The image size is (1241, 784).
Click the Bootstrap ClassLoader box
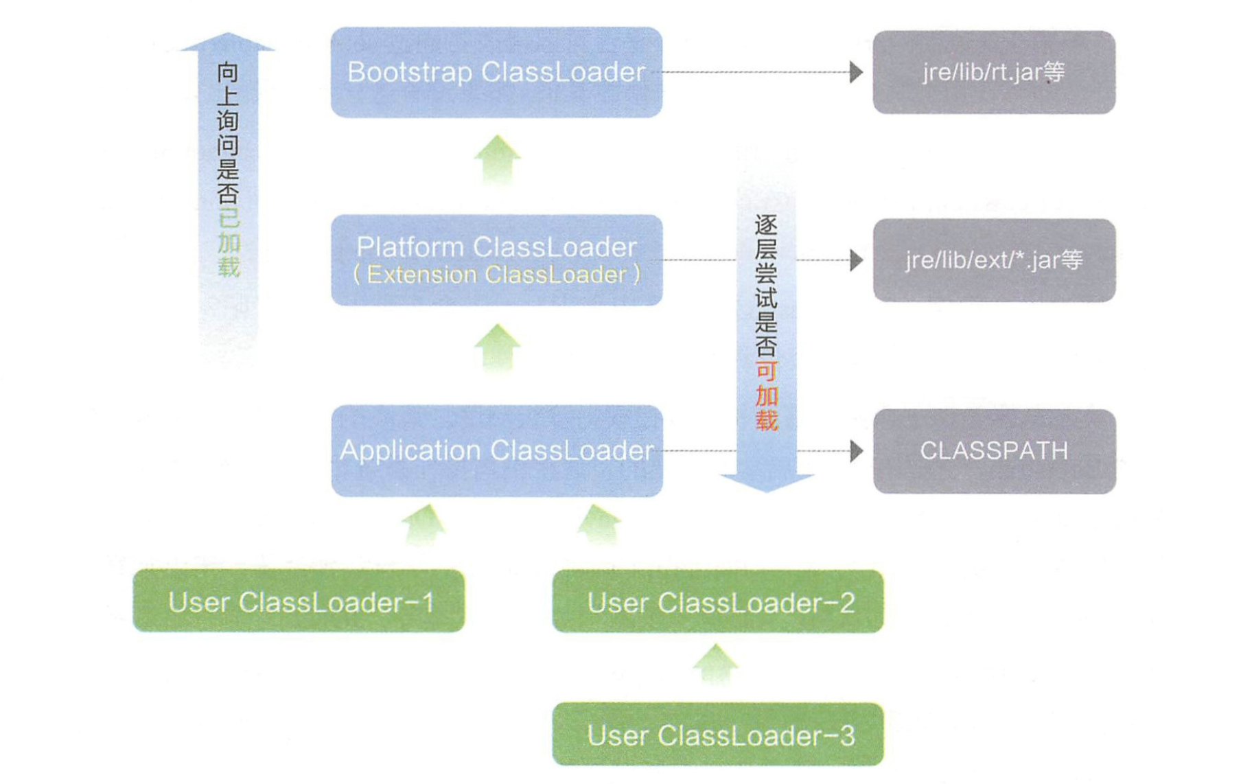[x=496, y=72]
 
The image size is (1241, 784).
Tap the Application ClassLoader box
[x=496, y=450]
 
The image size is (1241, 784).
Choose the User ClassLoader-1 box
[x=299, y=601]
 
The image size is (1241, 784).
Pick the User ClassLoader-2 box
[x=718, y=601]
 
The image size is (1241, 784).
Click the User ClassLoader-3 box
[x=718, y=734]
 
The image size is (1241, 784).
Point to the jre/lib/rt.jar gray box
[x=993, y=72]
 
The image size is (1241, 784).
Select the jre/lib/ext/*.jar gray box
[x=993, y=260]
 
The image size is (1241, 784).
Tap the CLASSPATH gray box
[x=993, y=451]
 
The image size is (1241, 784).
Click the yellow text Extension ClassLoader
[x=496, y=275]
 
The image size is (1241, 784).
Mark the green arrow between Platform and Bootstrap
[x=497, y=159]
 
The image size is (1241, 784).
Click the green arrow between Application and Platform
[x=497, y=347]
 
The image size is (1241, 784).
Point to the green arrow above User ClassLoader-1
[x=424, y=525]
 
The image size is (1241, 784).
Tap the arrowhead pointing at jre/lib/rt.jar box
[x=856, y=71]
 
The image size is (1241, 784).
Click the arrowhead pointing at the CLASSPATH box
[x=856, y=451]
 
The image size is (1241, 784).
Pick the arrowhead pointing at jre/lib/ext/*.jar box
[x=856, y=260]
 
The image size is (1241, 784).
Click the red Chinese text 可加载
[x=766, y=396]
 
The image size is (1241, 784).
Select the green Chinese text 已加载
[x=228, y=243]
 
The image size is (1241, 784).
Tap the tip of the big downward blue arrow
[x=767, y=489]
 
